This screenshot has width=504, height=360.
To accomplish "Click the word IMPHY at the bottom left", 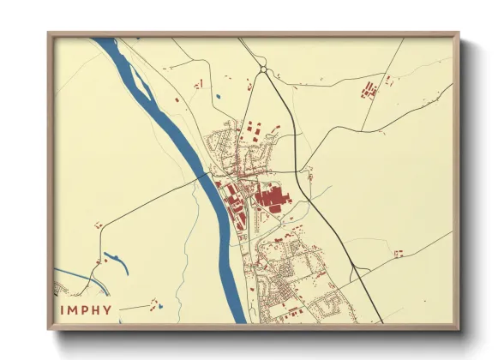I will point(86,310).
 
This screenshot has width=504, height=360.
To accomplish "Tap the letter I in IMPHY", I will point(62,310).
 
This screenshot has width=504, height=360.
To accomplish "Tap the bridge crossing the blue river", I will point(208,175).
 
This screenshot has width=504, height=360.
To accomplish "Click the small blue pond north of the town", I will point(220,95).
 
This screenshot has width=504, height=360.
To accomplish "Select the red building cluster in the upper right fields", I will point(369,88).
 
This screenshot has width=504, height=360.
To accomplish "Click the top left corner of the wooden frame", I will point(50,35).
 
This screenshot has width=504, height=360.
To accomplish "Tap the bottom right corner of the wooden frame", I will point(457,327).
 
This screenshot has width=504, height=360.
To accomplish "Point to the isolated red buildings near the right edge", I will point(398,253).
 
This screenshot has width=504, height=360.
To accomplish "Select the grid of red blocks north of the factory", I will point(255,131).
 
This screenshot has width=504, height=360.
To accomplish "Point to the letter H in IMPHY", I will point(97,310).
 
